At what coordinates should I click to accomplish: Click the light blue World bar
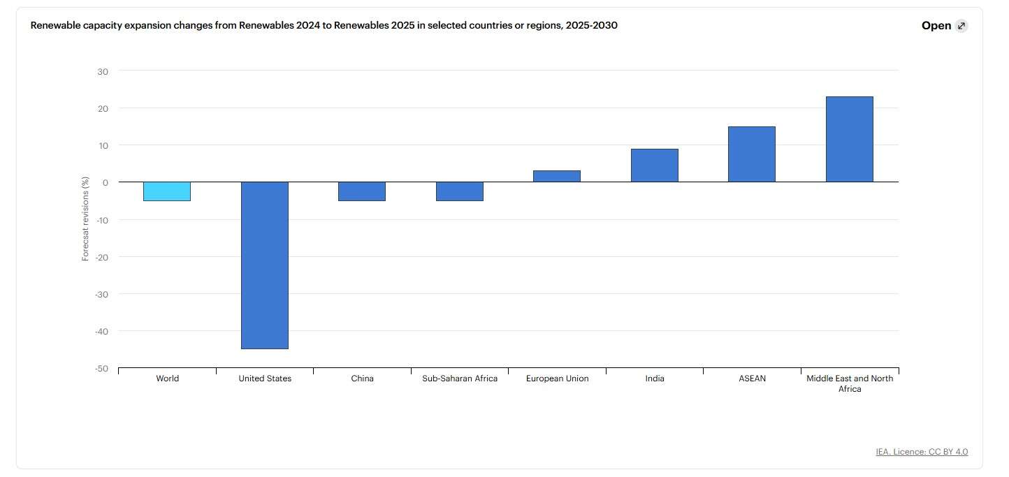(167, 191)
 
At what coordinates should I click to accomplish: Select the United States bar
(265, 265)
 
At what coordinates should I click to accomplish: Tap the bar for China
(362, 191)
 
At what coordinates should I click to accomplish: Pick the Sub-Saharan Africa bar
(460, 191)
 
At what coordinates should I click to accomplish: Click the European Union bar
(557, 177)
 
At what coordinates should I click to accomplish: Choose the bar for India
(655, 166)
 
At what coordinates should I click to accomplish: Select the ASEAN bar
(752, 154)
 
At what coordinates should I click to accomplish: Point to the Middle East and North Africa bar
(850, 140)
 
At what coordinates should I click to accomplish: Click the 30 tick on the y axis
(103, 71)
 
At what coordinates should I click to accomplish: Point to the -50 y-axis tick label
(101, 368)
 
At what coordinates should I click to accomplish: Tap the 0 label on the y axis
(105, 182)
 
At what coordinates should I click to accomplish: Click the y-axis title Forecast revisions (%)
(86, 219)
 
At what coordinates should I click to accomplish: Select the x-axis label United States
(265, 379)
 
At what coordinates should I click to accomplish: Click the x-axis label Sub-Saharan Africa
(460, 379)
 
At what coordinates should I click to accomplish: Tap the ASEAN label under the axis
(752, 379)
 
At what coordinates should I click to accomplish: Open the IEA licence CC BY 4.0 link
(922, 452)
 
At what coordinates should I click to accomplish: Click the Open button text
(936, 26)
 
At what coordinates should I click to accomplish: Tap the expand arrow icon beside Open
(961, 26)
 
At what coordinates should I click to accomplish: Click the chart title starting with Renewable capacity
(324, 26)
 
